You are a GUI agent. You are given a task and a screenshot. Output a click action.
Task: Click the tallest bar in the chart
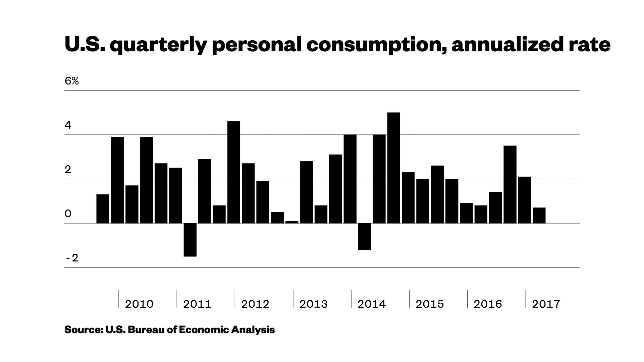pyautogui.click(x=393, y=168)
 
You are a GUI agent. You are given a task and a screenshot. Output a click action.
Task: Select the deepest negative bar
pyautogui.click(x=190, y=240)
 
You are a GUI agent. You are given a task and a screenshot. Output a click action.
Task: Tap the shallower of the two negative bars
pyautogui.click(x=365, y=236)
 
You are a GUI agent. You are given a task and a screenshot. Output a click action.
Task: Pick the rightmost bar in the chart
pyautogui.click(x=539, y=215)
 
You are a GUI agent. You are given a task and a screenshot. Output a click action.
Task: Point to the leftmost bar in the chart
pyautogui.click(x=103, y=208)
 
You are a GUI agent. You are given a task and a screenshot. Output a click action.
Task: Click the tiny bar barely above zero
pyautogui.click(x=292, y=222)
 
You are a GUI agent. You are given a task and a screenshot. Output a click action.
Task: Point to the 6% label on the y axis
pyautogui.click(x=72, y=81)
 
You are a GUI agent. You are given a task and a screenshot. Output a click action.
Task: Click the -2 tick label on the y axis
pyautogui.click(x=72, y=258)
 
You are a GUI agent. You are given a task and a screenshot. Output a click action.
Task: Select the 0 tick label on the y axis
pyautogui.click(x=68, y=214)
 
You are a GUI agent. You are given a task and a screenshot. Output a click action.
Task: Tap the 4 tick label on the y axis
pyautogui.click(x=68, y=125)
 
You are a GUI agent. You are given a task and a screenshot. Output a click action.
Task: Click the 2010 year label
pyautogui.click(x=139, y=304)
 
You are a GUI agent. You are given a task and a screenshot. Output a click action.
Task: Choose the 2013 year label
pyautogui.click(x=313, y=304)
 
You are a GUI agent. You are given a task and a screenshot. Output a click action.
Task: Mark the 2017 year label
pyautogui.click(x=546, y=304)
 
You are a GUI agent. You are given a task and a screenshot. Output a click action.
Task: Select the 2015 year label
pyautogui.click(x=430, y=304)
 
